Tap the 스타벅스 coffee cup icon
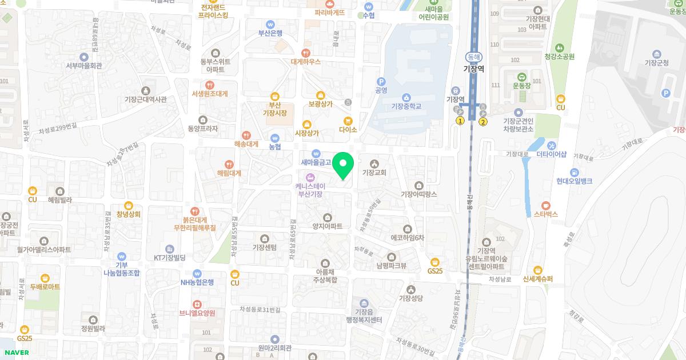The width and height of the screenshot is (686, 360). [x=545, y=205]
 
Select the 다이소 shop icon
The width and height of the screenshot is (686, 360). [x=348, y=121]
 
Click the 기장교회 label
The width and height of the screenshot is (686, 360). [x=374, y=172]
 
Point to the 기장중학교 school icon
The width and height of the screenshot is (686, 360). [x=406, y=97]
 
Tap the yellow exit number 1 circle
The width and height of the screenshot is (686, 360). [x=460, y=121]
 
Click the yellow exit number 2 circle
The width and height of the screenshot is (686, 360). [x=483, y=121]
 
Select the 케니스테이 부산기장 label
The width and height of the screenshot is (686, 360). [x=310, y=190]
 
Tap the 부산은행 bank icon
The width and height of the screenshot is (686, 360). [x=270, y=24]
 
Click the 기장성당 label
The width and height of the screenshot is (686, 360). [x=410, y=298]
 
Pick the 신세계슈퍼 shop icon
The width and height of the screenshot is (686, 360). [x=537, y=270]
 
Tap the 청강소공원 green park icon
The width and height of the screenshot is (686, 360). [x=560, y=47]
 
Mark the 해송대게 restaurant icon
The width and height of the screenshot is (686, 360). [x=246, y=135]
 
